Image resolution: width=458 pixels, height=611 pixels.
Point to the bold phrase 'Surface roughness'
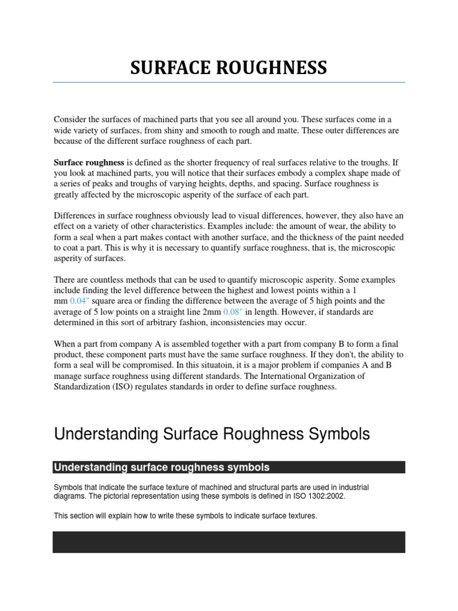[x=89, y=162]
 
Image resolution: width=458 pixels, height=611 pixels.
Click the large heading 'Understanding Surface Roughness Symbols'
[x=212, y=434]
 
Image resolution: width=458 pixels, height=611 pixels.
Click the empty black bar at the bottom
[x=229, y=542]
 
